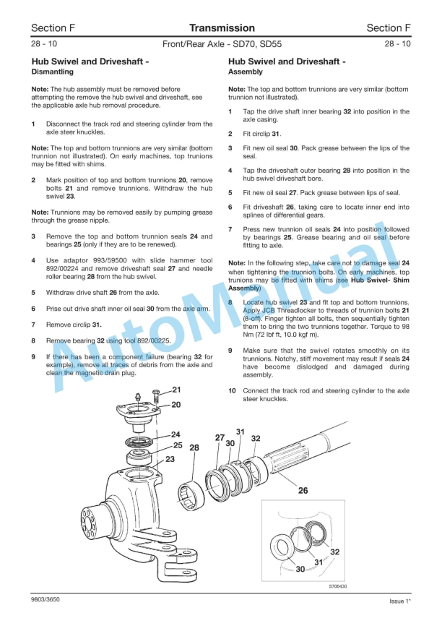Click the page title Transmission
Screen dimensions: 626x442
coord(222,28)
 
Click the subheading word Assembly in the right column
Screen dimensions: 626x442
coord(245,72)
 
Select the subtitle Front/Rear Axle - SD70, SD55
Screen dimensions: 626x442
coord(221,44)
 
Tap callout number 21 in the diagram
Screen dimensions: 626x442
coord(176,390)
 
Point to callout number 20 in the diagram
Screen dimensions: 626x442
coord(176,405)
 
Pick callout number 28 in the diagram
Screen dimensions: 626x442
coord(194,448)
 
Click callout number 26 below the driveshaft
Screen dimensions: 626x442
coord(303,491)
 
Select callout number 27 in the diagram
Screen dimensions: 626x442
coord(220,437)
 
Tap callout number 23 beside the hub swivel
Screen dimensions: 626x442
coord(170,458)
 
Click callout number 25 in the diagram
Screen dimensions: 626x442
coord(176,445)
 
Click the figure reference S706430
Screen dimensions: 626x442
coord(337,586)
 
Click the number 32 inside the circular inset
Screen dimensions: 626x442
coord(334,551)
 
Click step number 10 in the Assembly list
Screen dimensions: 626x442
coord(232,390)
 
